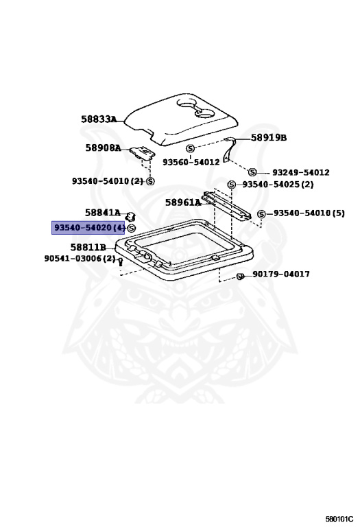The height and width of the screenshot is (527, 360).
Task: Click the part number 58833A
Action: (x=99, y=119)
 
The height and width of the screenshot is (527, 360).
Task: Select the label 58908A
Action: (x=103, y=148)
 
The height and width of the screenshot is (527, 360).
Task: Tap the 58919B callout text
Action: (x=269, y=137)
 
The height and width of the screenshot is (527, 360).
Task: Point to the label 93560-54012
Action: (x=191, y=162)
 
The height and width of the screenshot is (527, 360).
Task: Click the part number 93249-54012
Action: (x=301, y=172)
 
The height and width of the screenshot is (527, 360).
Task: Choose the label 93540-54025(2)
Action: (x=278, y=185)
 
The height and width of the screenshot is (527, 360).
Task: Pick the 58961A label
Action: (x=183, y=202)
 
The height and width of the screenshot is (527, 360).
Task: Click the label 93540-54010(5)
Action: (x=309, y=213)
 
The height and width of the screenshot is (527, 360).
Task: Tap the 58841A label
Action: (x=103, y=213)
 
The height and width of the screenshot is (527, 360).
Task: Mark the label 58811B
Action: (x=88, y=247)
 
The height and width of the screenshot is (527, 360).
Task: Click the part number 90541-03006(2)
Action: (x=80, y=259)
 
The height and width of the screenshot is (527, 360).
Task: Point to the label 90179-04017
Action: (x=281, y=274)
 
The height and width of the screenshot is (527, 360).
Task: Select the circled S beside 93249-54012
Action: (x=252, y=172)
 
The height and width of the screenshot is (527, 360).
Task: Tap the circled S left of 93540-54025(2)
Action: (x=232, y=185)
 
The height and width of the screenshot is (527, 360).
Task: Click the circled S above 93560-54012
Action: (x=191, y=148)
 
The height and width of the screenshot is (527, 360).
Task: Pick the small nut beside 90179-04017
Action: (x=240, y=277)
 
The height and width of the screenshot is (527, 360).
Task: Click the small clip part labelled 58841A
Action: (x=131, y=217)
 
